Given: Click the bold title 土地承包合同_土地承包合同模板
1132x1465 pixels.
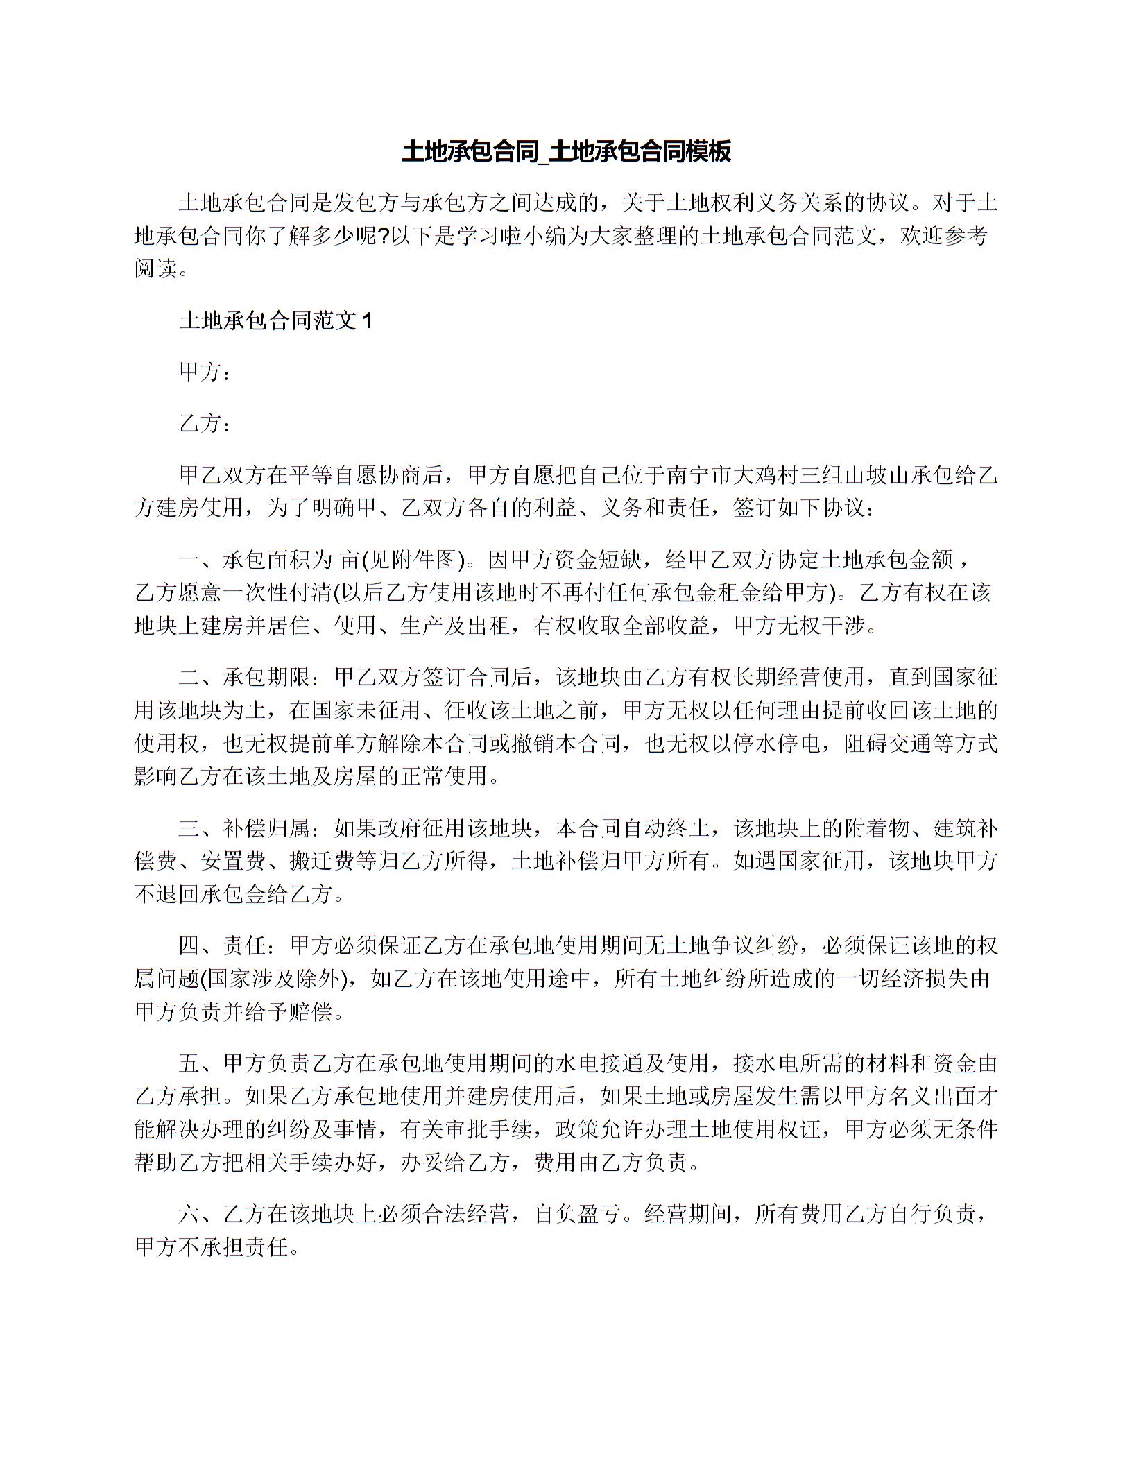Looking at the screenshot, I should click(x=566, y=151).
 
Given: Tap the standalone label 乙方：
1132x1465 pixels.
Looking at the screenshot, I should click(x=204, y=422).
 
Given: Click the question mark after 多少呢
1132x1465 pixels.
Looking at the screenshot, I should click(x=384, y=236).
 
